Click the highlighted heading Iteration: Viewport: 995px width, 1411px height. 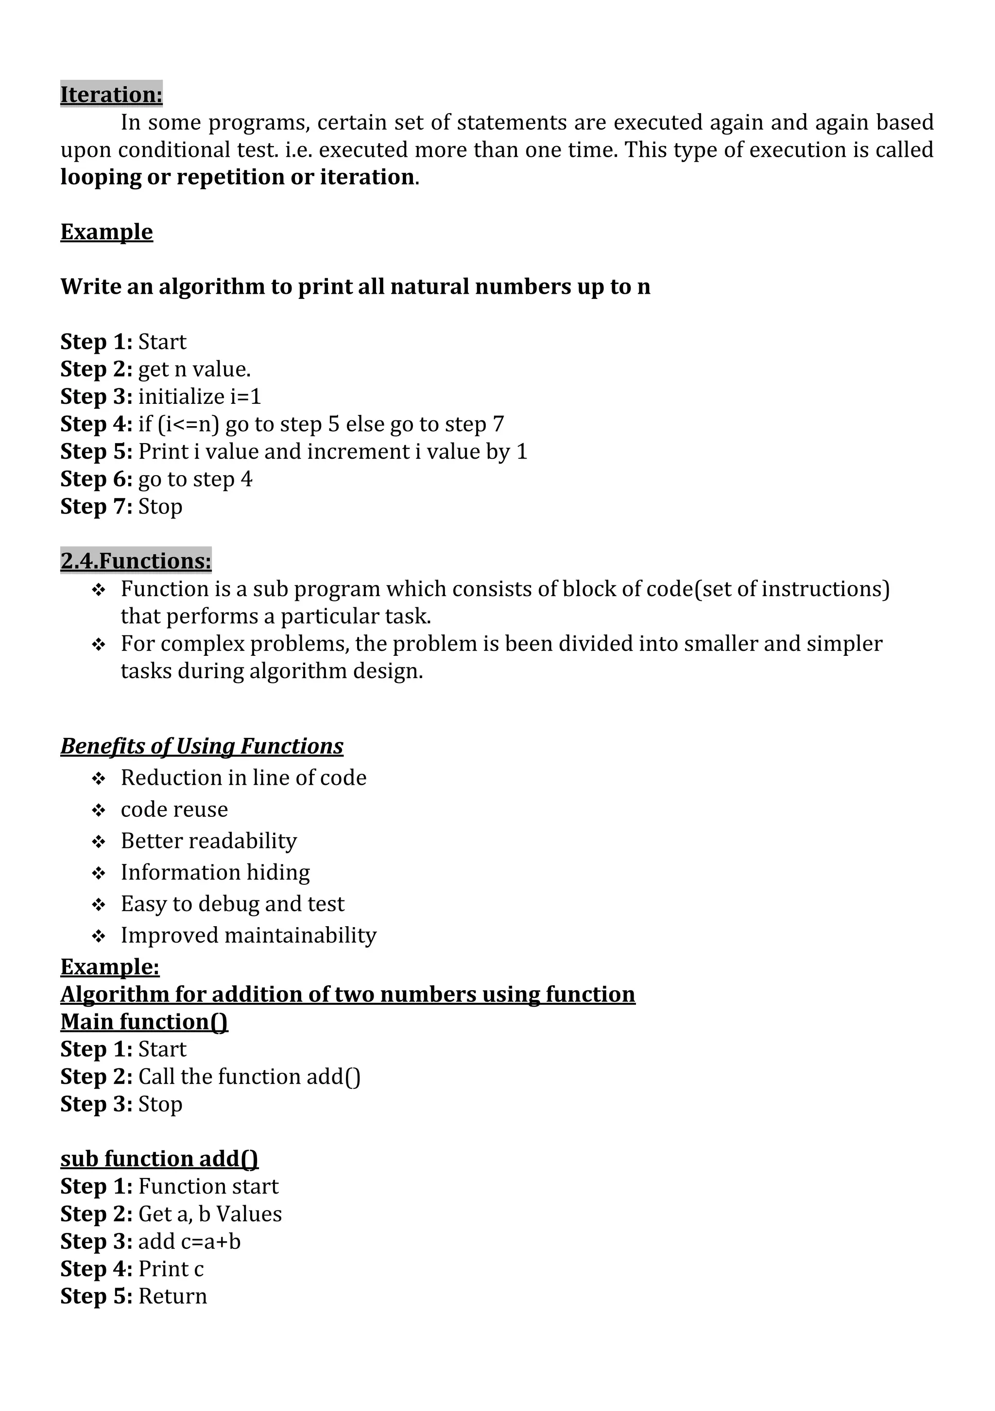pos(111,95)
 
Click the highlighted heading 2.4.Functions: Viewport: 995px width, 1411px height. pos(136,561)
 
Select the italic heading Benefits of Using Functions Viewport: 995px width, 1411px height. pos(202,746)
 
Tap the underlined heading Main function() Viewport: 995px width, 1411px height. pos(144,1022)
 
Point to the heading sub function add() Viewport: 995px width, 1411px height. pos(159,1159)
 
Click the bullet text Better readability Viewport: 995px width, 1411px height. pos(208,841)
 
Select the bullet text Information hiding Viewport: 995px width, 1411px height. pos(215,872)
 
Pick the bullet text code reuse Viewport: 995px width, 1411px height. pos(174,809)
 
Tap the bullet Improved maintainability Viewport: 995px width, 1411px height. pos(248,935)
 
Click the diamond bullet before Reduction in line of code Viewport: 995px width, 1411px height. pos(99,779)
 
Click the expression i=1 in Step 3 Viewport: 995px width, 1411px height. pos(245,397)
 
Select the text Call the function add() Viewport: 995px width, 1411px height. pos(249,1077)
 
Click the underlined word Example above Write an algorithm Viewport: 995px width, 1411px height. pos(106,232)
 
